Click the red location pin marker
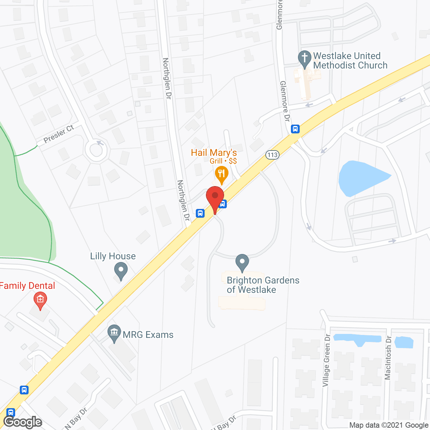coord(215,197)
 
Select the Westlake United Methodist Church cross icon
coord(305,58)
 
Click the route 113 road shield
coord(272,155)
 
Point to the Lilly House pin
coord(121,270)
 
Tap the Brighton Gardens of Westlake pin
coord(242,262)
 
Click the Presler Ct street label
coord(59,134)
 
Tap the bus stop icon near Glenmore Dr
coord(295,129)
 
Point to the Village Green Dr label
coord(326,360)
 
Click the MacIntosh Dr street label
coord(388,358)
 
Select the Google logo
coord(23,422)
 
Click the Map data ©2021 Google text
coord(389,425)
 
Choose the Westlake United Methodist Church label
coord(350,60)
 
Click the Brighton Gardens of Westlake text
coord(263,285)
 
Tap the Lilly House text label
coord(113,256)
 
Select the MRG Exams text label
coord(148,335)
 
